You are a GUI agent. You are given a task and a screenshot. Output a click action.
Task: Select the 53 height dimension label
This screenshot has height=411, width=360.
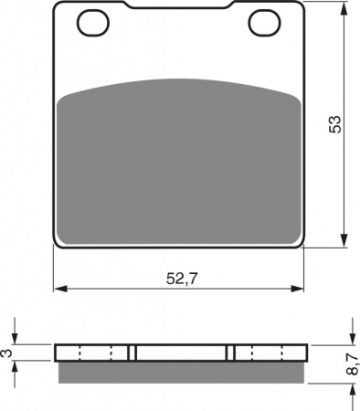pyautogui.click(x=335, y=124)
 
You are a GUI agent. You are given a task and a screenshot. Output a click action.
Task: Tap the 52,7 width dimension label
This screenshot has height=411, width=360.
pyautogui.click(x=182, y=279)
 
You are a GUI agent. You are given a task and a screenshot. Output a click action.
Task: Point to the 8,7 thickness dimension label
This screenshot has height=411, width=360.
pyautogui.click(x=353, y=364)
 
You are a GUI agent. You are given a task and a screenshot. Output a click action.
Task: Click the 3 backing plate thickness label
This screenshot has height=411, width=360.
pyautogui.click(x=7, y=353)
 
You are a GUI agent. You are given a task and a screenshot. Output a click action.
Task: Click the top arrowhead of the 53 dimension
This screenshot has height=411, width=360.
pyautogui.click(x=344, y=9)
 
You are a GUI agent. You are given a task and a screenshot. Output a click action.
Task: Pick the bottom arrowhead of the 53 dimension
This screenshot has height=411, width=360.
pyautogui.click(x=344, y=240)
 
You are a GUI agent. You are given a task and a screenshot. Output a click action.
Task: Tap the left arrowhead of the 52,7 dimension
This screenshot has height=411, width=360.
pyautogui.click(x=60, y=289)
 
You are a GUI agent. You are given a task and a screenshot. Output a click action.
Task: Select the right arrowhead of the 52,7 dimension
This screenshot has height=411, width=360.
pyautogui.click(x=297, y=289)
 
